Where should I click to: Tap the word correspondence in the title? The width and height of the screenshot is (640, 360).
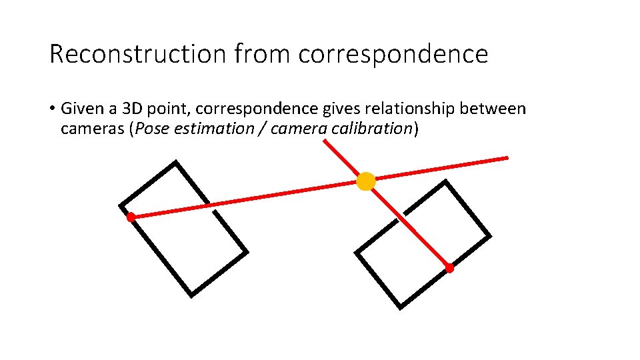[393, 54]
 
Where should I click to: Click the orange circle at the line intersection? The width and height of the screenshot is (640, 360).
[365, 181]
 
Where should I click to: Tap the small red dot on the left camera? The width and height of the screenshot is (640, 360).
[131, 217]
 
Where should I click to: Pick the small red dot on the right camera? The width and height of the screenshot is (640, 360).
[449, 268]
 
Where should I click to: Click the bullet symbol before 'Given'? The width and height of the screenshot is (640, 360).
[52, 109]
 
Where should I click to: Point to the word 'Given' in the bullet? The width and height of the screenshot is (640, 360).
[80, 109]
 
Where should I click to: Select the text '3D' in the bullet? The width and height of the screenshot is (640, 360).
[122, 109]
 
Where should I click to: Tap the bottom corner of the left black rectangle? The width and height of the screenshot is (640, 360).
[191, 295]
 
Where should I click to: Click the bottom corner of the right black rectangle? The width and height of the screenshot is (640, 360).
[400, 307]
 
